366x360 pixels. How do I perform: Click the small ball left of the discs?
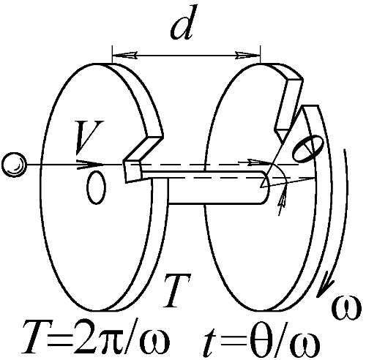[14, 165]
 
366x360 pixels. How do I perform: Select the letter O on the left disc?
[97, 187]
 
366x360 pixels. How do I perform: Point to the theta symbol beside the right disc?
[308, 148]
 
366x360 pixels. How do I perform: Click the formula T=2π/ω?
[97, 337]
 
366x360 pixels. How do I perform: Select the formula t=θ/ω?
[261, 337]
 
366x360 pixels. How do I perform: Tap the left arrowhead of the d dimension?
[124, 55]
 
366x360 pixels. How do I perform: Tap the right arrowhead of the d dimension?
[247, 55]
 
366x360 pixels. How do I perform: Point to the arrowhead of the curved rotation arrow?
[325, 288]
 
